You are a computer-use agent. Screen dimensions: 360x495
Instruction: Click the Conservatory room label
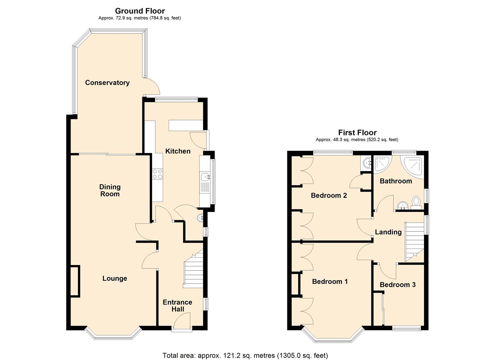pos(107,83)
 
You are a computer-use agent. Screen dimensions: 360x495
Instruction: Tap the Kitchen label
pos(178,151)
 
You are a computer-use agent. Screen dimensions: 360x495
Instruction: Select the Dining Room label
pos(110,190)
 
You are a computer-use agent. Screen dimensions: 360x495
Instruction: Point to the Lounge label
pos(114,278)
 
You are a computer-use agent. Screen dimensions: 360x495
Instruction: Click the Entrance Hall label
pos(177,306)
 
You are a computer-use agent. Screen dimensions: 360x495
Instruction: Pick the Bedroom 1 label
pos(330,282)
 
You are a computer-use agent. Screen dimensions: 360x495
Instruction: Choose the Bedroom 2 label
pos(329,195)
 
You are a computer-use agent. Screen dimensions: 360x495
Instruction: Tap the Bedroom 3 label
pos(397,285)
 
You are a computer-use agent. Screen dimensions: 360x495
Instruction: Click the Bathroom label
pos(396,181)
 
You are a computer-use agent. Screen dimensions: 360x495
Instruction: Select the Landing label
pos(388,232)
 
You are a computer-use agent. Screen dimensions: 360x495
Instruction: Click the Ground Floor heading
pos(140,11)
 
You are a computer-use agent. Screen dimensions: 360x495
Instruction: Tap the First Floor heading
pos(357,133)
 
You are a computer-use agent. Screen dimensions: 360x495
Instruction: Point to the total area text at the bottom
pos(245,355)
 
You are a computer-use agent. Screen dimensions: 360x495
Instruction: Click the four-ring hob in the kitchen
pos(157,174)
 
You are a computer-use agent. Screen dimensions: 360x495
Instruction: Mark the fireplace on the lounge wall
pos(75,281)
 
